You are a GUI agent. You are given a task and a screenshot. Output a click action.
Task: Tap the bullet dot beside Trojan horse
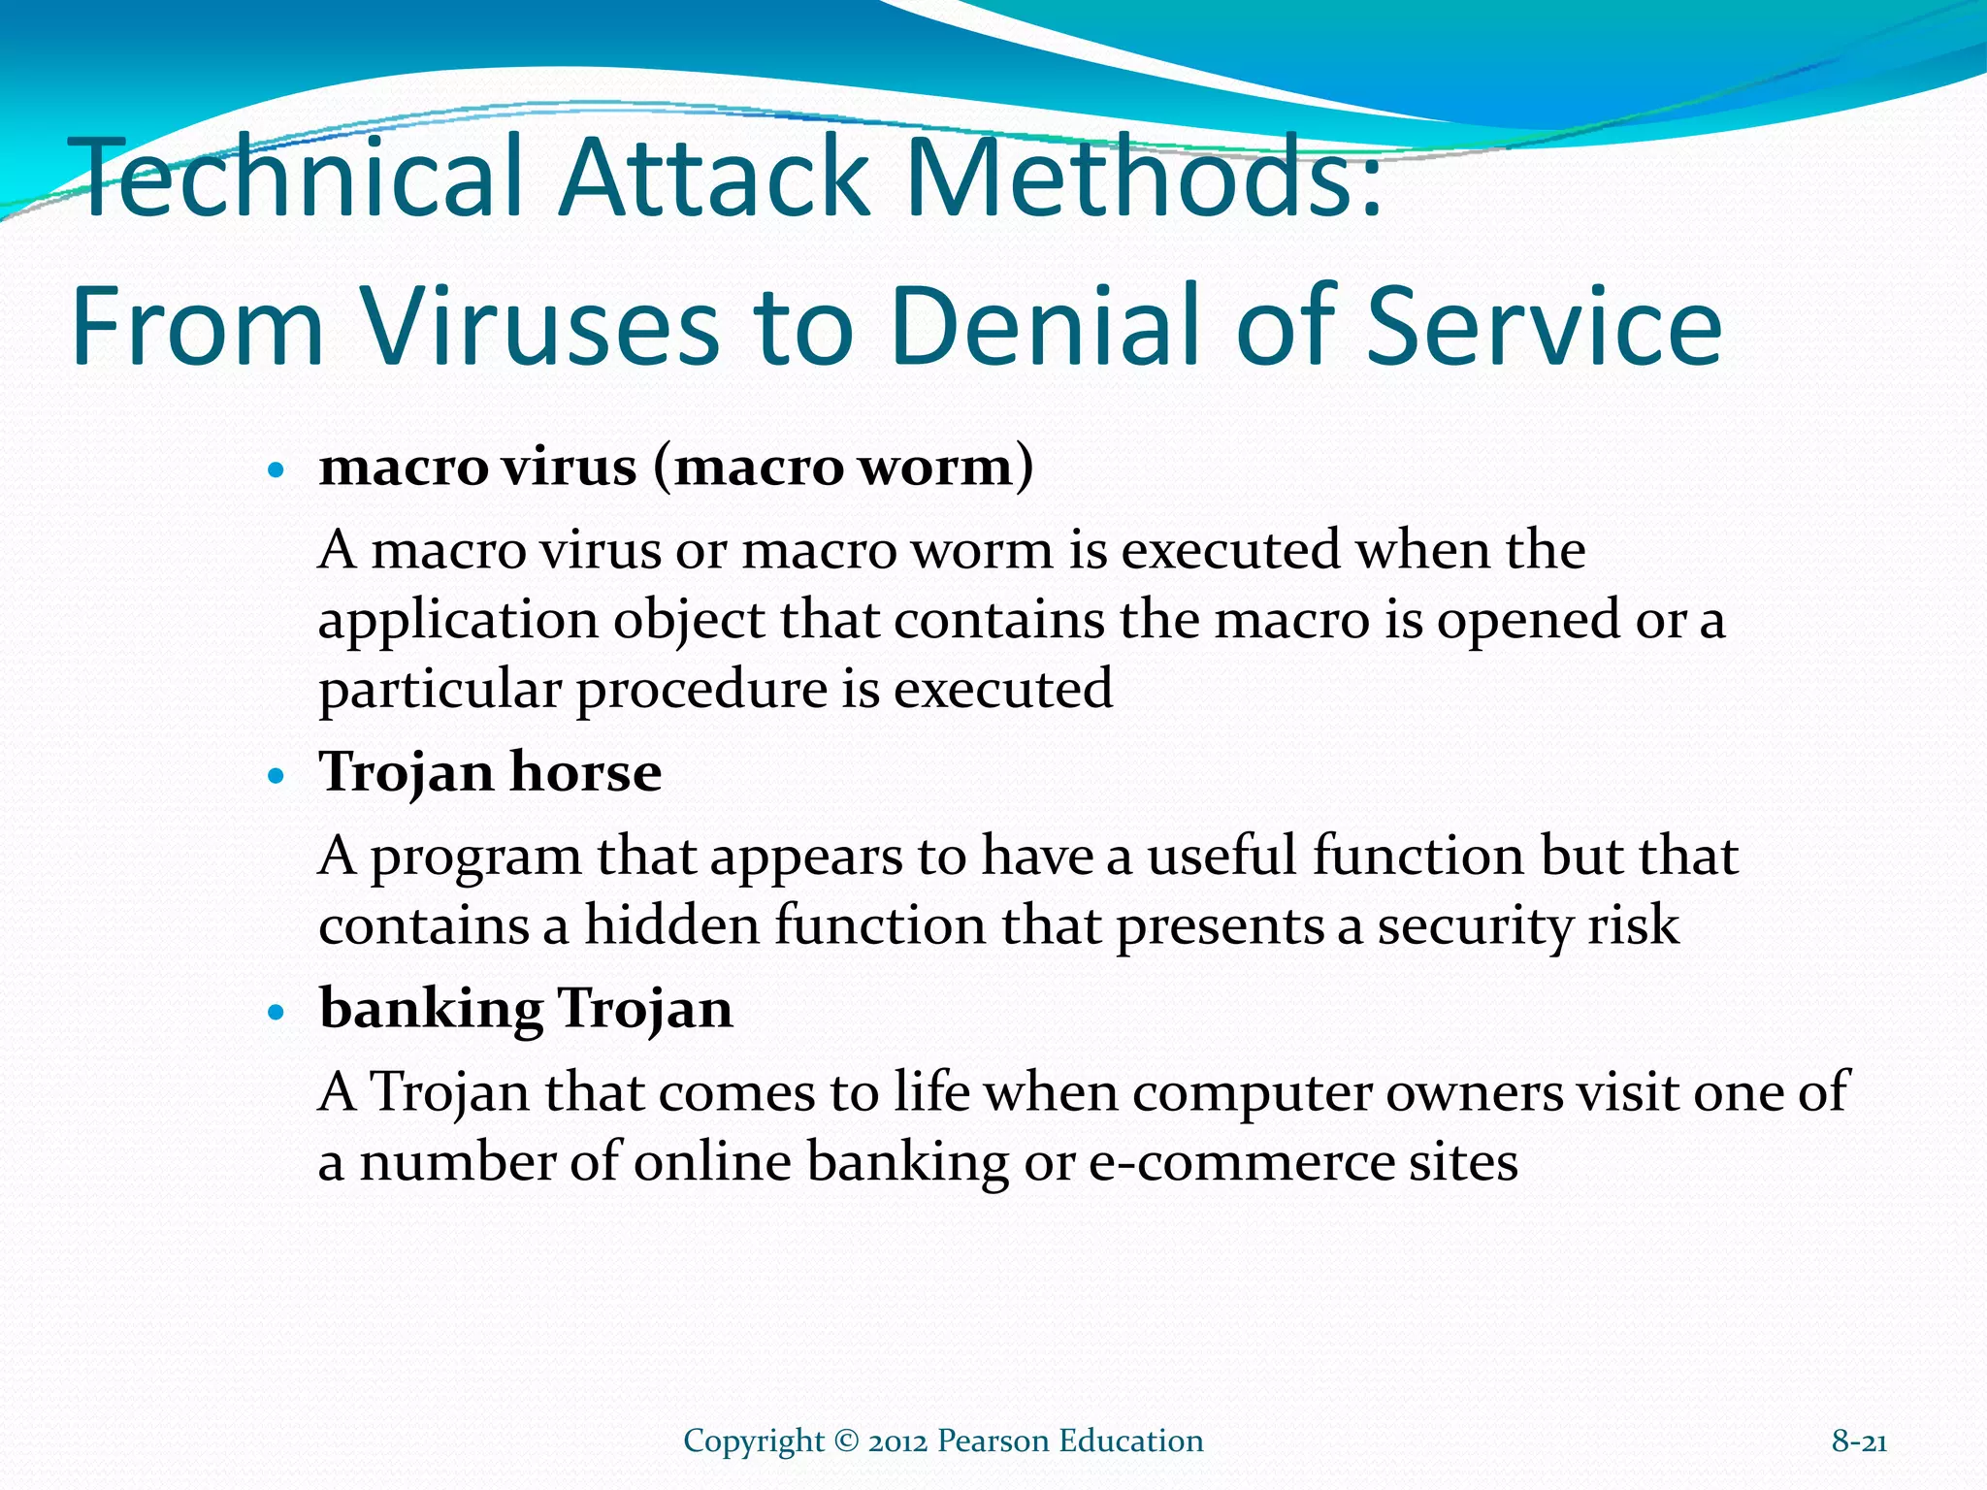coord(277,777)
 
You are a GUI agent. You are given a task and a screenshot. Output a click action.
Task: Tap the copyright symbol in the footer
coord(846,1441)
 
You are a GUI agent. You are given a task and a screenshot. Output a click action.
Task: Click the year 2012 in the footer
coord(898,1441)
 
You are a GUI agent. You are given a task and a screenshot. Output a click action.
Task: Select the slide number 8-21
coord(1859,1441)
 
